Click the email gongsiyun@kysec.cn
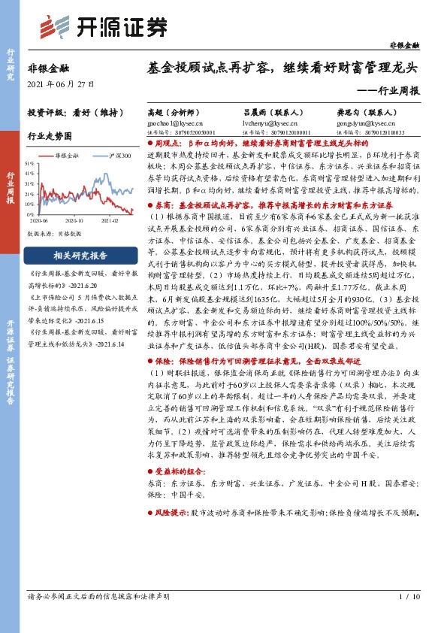364,120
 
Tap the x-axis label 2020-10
74,221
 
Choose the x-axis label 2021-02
110,221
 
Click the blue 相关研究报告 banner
77,255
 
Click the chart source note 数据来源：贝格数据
54,233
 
